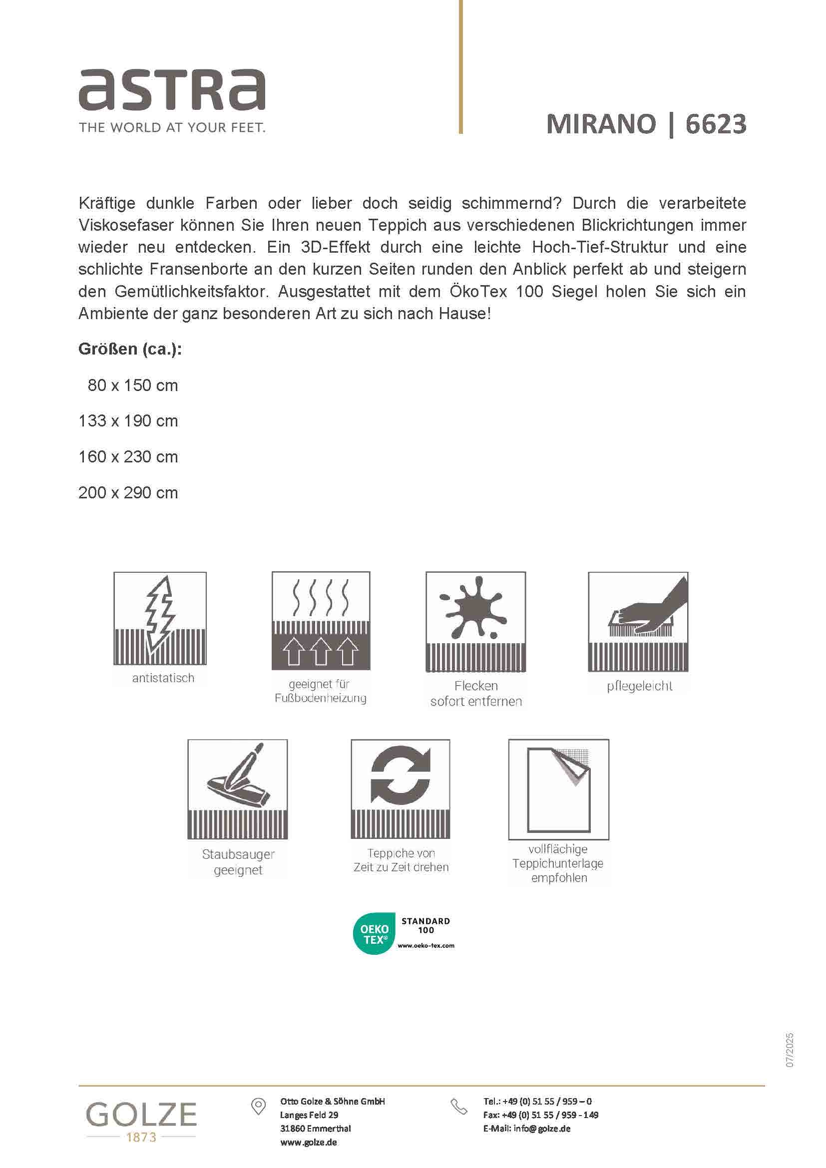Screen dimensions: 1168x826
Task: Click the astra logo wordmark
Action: coord(172,90)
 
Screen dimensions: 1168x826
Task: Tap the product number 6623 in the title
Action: coord(716,124)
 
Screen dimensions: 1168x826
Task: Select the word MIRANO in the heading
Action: coord(601,124)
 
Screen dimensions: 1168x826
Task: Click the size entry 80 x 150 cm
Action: coord(133,386)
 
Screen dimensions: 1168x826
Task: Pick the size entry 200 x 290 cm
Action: coord(128,492)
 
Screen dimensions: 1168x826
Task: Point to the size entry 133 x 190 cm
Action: coord(128,421)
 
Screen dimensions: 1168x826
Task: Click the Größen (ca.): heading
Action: coord(130,349)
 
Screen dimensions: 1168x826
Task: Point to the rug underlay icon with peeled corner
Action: coord(558,789)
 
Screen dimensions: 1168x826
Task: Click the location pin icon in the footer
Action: coord(258,1106)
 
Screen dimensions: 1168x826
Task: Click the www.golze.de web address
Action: coord(308,1142)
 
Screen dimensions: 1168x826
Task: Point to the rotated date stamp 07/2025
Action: coord(790,1050)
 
